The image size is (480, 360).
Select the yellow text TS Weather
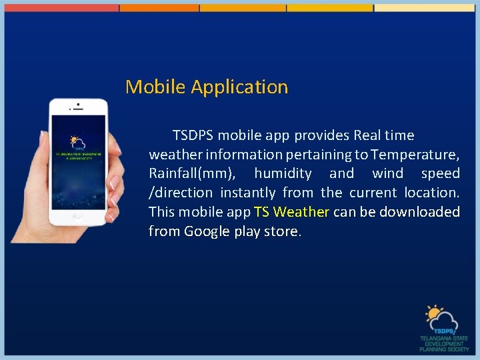point(291,212)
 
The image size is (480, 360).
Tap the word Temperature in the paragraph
point(414,155)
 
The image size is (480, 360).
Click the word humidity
point(283,174)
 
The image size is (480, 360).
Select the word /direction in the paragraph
point(181,193)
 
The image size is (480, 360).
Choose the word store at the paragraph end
point(284,232)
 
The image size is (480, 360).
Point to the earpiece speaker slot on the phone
point(80,105)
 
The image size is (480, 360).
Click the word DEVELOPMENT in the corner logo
point(445,344)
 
